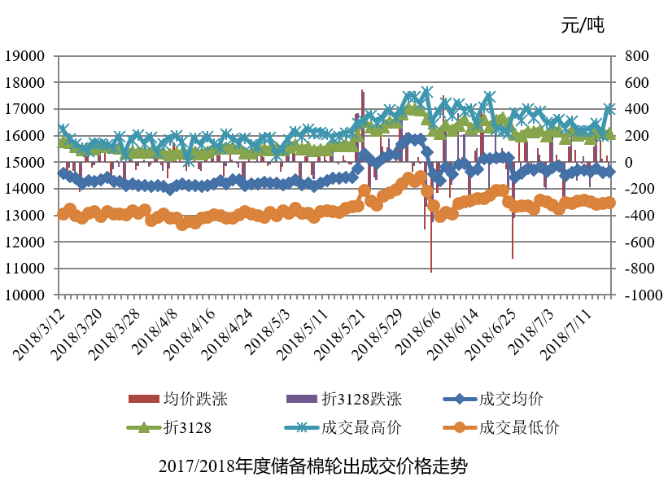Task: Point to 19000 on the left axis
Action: pyautogui.click(x=26, y=56)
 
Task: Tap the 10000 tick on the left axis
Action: pyautogui.click(x=26, y=295)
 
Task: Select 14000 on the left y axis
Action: pyautogui.click(x=26, y=189)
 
